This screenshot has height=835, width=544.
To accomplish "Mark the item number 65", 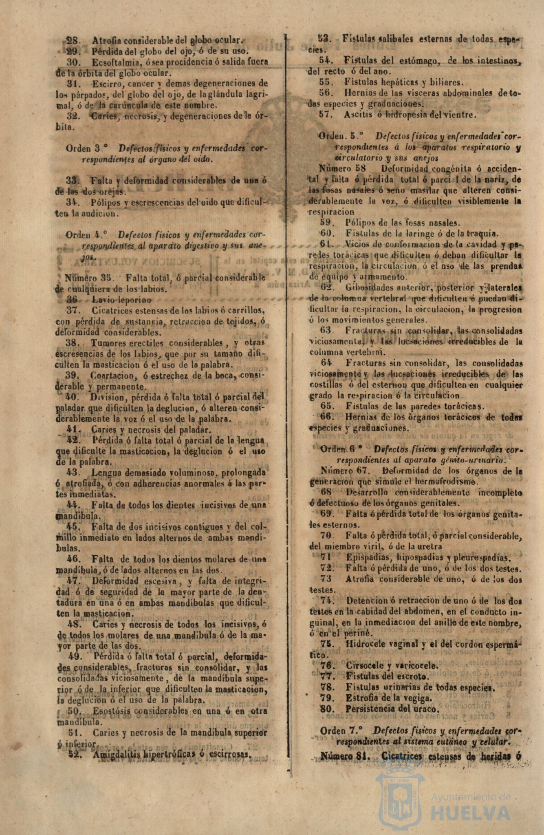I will coord(327,406).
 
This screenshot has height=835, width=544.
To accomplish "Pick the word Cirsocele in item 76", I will coord(362,666).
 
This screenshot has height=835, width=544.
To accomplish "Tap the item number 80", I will coord(327,709).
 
